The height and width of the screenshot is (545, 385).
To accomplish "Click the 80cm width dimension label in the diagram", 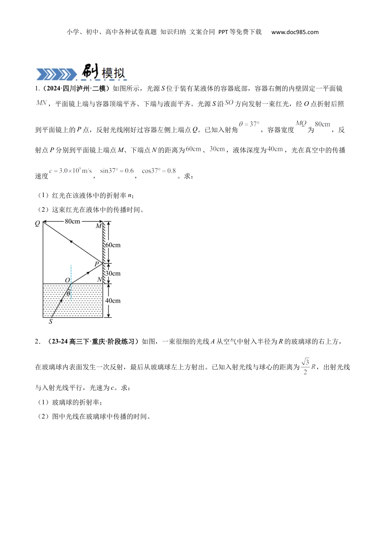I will click(x=72, y=221).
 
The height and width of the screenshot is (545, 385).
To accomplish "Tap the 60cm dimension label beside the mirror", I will click(x=113, y=245).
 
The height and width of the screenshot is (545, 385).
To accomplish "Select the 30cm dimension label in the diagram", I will click(x=113, y=273).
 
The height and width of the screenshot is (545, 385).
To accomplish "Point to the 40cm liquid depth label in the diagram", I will click(x=113, y=300).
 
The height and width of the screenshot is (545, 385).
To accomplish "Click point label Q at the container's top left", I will click(x=38, y=223).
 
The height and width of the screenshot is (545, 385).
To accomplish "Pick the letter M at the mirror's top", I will click(x=98, y=226).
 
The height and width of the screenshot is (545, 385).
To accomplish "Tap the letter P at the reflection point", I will click(x=96, y=264).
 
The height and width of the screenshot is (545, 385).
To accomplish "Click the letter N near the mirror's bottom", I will click(x=100, y=280).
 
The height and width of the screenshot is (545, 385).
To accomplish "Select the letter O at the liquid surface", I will click(x=67, y=281).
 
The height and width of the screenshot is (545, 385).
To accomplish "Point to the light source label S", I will click(x=51, y=322).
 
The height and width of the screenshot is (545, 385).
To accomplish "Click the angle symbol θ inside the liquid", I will click(x=68, y=293).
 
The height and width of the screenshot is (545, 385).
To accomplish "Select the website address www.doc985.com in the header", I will click(x=295, y=32).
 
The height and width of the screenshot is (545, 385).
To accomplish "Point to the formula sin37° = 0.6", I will click(x=117, y=171).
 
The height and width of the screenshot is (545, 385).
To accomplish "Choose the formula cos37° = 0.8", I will click(x=159, y=171).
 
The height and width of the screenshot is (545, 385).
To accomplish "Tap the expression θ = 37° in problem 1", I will click(x=249, y=124).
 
